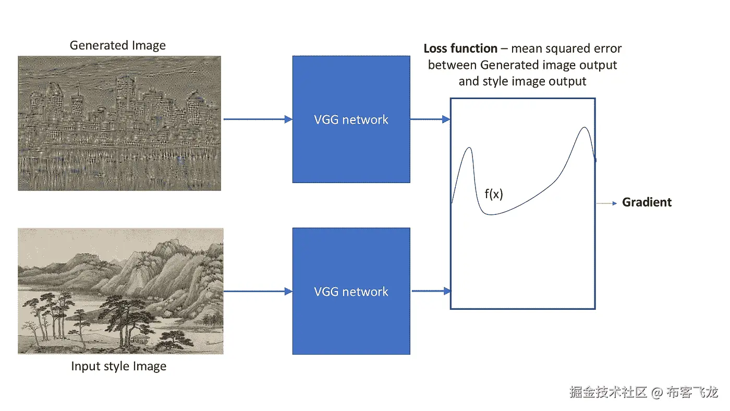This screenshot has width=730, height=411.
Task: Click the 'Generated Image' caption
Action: point(118,45)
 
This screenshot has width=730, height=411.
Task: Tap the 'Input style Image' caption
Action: point(119,367)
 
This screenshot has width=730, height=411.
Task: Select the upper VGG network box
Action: point(351,119)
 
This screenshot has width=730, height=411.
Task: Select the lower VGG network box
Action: point(351,291)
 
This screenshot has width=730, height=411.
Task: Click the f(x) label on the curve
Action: point(493,195)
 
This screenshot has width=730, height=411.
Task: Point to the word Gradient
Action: point(647,202)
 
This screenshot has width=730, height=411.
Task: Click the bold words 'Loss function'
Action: point(460,49)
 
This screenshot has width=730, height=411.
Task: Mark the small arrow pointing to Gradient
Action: point(606,203)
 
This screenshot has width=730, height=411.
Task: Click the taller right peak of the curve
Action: point(585,128)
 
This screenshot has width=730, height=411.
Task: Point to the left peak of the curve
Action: point(470,148)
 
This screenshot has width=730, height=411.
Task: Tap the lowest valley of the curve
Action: point(490,214)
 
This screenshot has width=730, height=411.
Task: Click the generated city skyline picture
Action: point(119,123)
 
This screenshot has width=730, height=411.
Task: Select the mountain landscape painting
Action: point(120,291)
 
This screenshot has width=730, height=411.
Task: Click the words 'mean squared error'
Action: point(566,49)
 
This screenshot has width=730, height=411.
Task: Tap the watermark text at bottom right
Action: point(643,392)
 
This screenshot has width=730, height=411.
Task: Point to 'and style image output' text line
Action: point(522,81)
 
